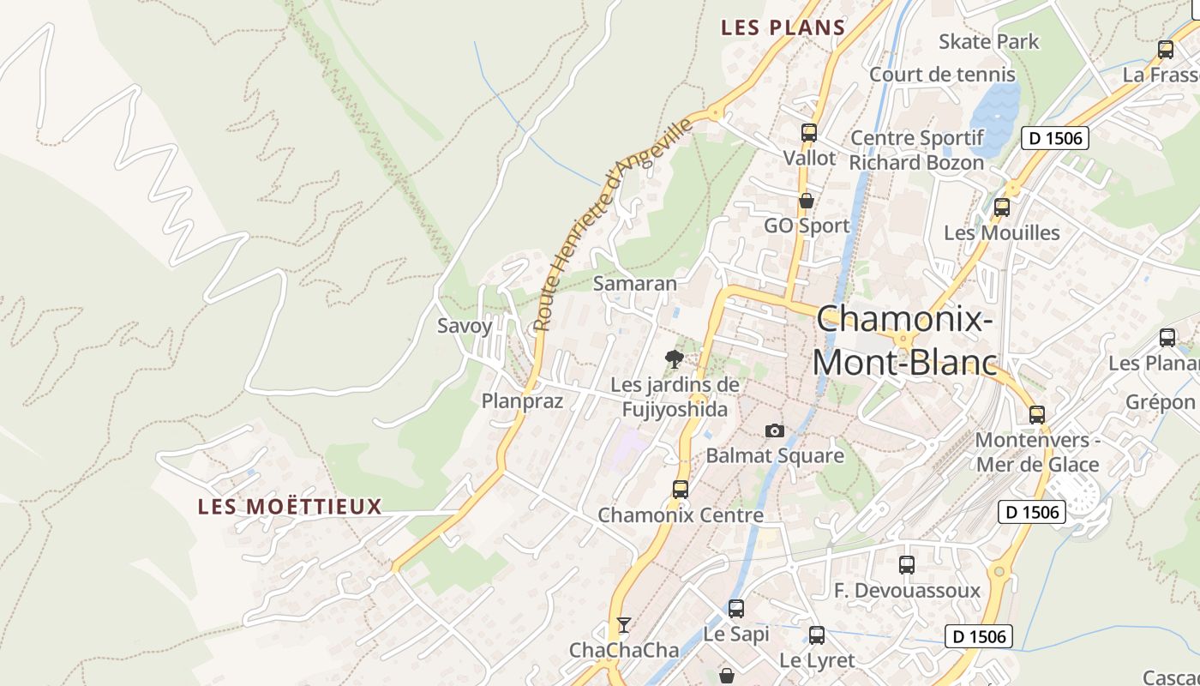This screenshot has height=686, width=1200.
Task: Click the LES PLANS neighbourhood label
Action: pyautogui.click(x=783, y=27)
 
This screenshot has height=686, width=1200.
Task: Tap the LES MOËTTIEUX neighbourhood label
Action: pyautogui.click(x=290, y=506)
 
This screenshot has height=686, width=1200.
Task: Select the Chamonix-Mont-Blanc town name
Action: pyautogui.click(x=905, y=340)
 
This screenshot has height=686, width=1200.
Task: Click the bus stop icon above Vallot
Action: pyautogui.click(x=808, y=133)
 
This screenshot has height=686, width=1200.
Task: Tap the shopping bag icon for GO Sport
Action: pyautogui.click(x=806, y=202)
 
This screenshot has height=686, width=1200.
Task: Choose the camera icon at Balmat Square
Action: pyautogui.click(x=775, y=430)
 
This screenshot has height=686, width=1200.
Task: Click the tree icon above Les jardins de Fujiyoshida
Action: pyautogui.click(x=675, y=359)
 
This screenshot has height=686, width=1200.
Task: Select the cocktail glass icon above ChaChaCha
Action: pyautogui.click(x=624, y=624)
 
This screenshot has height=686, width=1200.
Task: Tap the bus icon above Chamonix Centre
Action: pyautogui.click(x=680, y=490)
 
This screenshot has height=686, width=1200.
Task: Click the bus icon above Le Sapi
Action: pyautogui.click(x=735, y=609)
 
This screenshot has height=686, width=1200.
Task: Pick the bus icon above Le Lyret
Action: pyautogui.click(x=816, y=635)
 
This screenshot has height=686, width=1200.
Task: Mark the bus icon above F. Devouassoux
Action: pyautogui.click(x=906, y=565)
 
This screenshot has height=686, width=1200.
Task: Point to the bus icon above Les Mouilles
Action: pyautogui.click(x=1001, y=208)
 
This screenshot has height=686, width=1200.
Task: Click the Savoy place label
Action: pyautogui.click(x=465, y=326)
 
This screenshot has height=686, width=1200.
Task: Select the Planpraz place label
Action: pyautogui.click(x=522, y=400)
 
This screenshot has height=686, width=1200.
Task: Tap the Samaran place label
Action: pyautogui.click(x=634, y=283)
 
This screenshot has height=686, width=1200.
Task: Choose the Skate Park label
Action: pyautogui.click(x=988, y=41)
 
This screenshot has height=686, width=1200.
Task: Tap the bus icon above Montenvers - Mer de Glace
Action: pyautogui.click(x=1036, y=415)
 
